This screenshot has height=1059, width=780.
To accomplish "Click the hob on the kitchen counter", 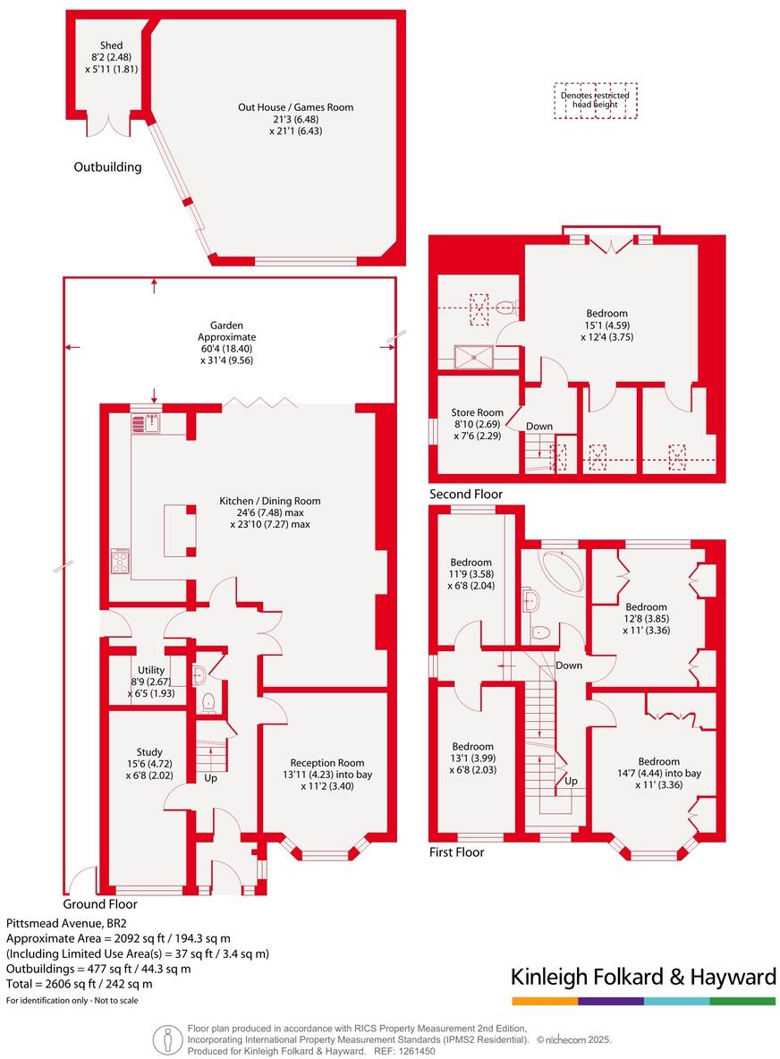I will point(120,562).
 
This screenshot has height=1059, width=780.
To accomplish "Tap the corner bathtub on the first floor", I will point(561,566).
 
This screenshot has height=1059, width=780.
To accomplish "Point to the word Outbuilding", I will point(107,166).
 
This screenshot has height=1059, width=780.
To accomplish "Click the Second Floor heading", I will point(466,494).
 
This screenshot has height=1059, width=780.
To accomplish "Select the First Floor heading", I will point(456,852).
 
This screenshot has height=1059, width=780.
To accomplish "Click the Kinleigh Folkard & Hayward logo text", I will point(642,977).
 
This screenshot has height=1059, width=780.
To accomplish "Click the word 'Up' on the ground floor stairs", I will point(211,779).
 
